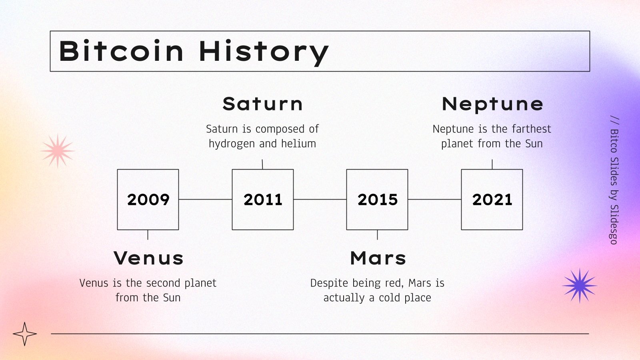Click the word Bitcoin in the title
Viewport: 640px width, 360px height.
pyautogui.click(x=121, y=51)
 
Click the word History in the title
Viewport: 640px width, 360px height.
pyautogui.click(x=264, y=53)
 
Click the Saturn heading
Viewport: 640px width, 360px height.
pyautogui.click(x=262, y=104)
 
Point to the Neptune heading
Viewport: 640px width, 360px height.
pyautogui.click(x=492, y=104)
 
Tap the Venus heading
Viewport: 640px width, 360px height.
pyautogui.click(x=148, y=258)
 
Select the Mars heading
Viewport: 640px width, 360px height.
pyautogui.click(x=378, y=258)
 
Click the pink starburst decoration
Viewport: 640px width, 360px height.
pyautogui.click(x=58, y=151)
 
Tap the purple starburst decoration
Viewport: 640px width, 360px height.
pyautogui.click(x=580, y=286)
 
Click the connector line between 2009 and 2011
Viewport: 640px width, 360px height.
pyautogui.click(x=206, y=200)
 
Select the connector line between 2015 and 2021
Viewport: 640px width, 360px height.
pyautogui.click(x=434, y=200)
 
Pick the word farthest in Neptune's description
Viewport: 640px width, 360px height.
pyautogui.click(x=532, y=129)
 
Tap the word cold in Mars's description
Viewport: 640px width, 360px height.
pyautogui.click(x=390, y=298)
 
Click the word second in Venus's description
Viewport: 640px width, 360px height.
pyautogui.click(x=164, y=283)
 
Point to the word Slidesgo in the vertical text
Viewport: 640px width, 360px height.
pyautogui.click(x=614, y=224)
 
